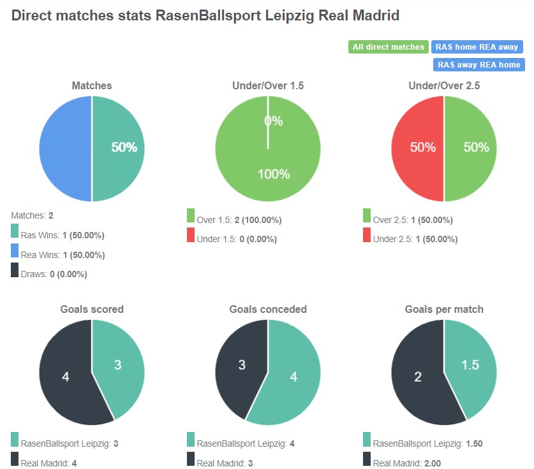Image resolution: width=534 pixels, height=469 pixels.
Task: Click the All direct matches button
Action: point(388,47)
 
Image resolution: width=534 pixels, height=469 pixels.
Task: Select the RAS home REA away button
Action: point(477,47)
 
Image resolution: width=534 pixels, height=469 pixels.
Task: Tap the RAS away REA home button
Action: point(478,64)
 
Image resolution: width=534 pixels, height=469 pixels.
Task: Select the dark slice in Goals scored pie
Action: point(64,376)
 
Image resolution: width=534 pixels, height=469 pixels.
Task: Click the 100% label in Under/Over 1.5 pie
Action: point(273,174)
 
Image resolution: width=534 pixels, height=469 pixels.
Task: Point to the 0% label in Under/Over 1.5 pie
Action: point(273,121)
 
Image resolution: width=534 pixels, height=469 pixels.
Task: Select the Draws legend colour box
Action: point(15,270)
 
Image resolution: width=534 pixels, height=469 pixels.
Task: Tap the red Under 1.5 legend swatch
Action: point(191,235)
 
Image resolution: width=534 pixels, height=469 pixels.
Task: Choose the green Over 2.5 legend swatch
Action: point(367,216)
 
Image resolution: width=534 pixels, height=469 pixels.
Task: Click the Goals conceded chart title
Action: point(268,309)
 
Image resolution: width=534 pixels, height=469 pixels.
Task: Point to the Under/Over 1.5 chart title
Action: point(268,85)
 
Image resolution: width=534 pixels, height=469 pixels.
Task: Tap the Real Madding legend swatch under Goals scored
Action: point(15,459)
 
